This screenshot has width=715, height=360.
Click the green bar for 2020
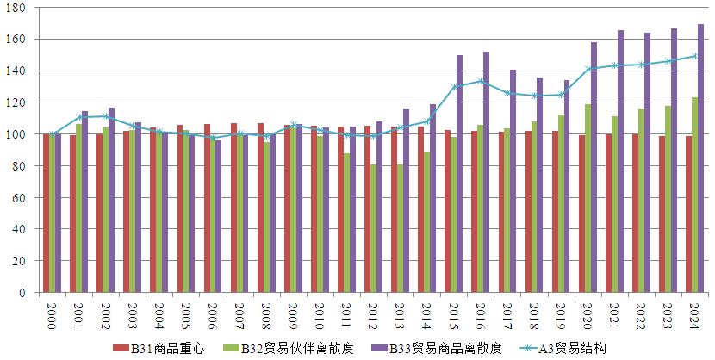point(588,198)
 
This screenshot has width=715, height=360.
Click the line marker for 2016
point(481,81)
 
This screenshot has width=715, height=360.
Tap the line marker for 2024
point(694,56)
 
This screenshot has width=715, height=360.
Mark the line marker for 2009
point(294,125)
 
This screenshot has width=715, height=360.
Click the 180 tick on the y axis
point(17,8)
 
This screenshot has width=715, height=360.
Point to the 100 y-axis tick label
point(17,134)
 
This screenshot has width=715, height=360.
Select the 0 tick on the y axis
point(24,293)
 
